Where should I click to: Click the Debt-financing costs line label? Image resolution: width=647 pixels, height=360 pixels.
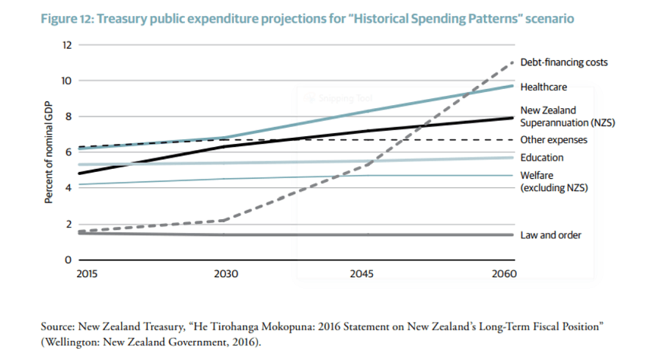coord(564,62)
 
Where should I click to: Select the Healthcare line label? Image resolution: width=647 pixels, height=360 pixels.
coord(543,88)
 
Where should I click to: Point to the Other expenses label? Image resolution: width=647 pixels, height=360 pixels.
coord(553,140)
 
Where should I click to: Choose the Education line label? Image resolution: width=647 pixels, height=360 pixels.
coord(542,158)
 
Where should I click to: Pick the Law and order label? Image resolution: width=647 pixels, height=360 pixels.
coord(551,235)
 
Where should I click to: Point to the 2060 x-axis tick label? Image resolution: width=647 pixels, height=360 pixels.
coord(504,273)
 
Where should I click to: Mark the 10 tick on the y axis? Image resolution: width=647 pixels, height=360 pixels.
coord(66,81)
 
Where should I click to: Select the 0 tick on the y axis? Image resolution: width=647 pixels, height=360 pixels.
coord(69,260)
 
